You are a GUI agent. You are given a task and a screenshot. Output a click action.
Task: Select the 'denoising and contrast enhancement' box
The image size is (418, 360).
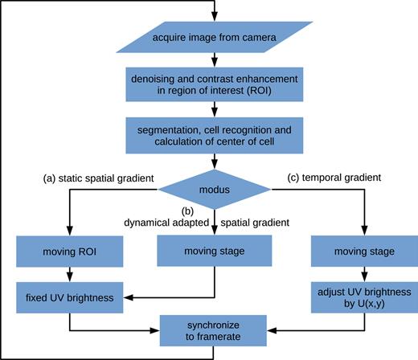pos(215,87)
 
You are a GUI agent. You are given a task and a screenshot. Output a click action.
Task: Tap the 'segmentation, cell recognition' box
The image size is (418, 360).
pos(215,135)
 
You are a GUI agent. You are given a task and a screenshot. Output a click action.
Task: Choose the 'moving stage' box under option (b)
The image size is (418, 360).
pos(215,252)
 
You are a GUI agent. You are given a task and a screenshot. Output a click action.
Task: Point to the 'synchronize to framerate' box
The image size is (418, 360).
pos(215,329)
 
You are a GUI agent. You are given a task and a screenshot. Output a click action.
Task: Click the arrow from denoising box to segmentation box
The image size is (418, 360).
pos(215,111)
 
